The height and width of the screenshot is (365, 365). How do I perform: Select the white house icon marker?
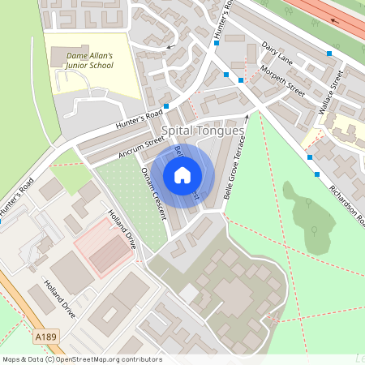(x=182, y=175)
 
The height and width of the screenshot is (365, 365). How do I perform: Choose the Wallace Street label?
(x=333, y=95)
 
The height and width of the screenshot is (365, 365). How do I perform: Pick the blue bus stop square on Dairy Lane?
(x=329, y=54)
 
